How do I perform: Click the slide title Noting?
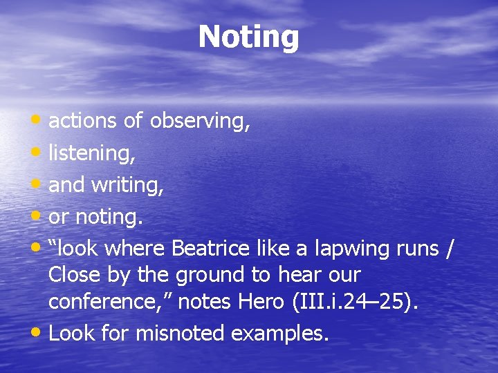[248, 37]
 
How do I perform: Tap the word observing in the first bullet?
[199, 122]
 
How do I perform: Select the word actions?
[82, 122]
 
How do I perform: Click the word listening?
[91, 153]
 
